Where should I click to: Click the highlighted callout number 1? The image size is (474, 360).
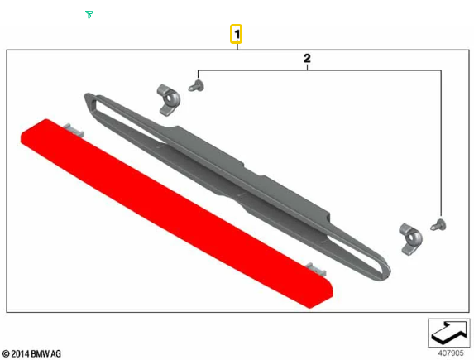pos(236,34)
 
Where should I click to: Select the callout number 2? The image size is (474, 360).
pos(307,58)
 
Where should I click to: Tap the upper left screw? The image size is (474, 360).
pos(196,85)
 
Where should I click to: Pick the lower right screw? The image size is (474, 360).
pos(438,225)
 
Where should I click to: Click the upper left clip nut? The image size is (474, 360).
pos(169,99)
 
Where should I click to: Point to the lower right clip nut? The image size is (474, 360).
pos(411,239)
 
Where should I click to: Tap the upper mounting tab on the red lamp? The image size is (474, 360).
pos(73,129)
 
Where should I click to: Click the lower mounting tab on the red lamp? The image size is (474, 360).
pos(316,269)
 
